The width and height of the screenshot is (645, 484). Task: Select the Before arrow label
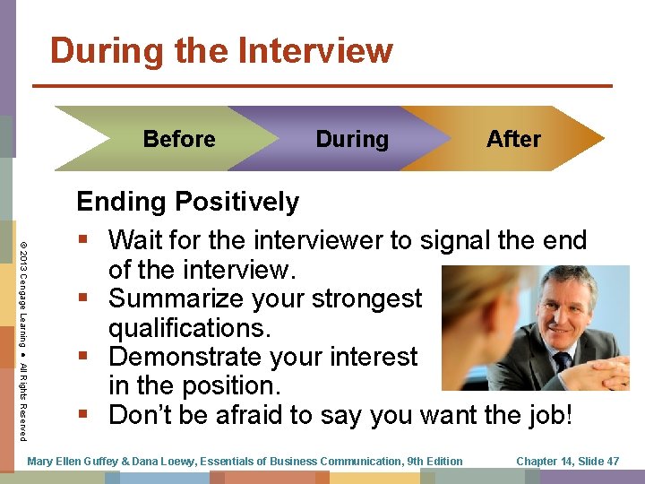coord(179,139)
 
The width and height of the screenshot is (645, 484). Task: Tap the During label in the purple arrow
coord(352,139)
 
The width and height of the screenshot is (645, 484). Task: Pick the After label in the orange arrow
coord(513,139)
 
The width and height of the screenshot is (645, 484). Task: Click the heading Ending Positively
coord(187,202)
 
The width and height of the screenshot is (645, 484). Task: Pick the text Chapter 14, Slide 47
coord(567,461)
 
